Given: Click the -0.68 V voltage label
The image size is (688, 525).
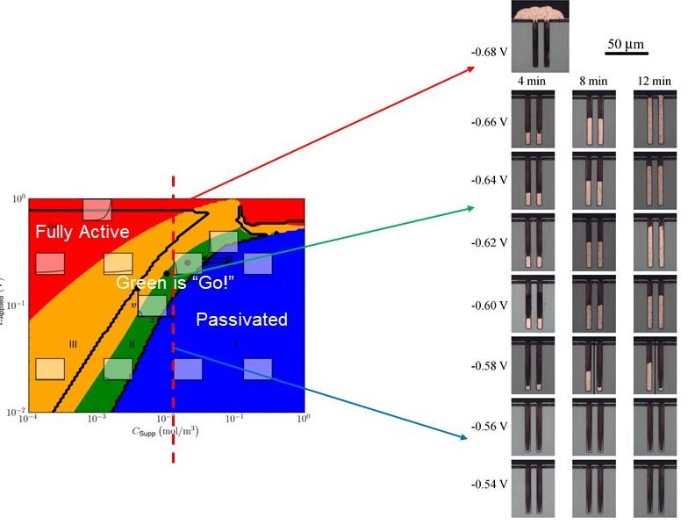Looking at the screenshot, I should coord(490,52).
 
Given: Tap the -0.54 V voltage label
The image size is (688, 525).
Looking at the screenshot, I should coord(490,484).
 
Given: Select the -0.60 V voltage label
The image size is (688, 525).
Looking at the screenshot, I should coord(490,306).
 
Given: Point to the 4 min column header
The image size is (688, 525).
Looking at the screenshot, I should coord(532,82).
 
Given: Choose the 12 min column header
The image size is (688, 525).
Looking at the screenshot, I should coord(652,82).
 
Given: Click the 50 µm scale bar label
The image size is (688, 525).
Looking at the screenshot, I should coord(627,44).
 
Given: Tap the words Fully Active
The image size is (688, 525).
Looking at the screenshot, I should coord(82,232).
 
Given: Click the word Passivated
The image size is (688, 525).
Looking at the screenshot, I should coord(241,320).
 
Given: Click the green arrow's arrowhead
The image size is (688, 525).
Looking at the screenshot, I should coord(475,207).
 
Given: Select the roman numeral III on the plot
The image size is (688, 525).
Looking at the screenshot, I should coord(74,344).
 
